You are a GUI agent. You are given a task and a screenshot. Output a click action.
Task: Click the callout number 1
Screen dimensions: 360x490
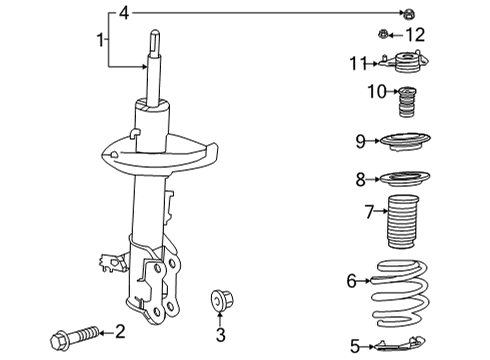point(100,39)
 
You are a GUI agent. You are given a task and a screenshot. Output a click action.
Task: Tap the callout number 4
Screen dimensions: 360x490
point(123,13)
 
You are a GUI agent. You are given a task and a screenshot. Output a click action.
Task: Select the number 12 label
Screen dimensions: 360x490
point(414,35)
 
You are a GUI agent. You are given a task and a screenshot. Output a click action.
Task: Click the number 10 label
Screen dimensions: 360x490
point(375,95)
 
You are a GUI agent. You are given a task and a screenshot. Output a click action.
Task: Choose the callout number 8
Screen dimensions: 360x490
point(360,181)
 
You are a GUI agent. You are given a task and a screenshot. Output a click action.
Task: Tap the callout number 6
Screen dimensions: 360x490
point(351,282)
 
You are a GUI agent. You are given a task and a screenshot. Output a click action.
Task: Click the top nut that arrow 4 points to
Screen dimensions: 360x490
point(408,13)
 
